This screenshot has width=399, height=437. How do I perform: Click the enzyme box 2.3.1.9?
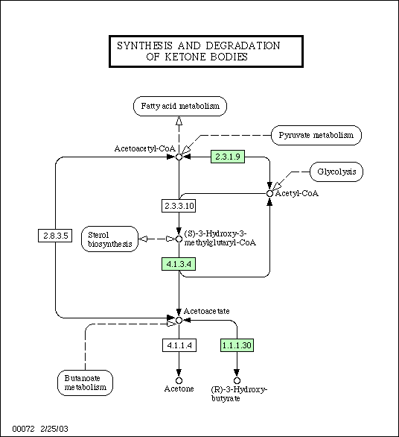coord(228,157)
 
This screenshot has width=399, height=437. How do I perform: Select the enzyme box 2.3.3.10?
coord(179,206)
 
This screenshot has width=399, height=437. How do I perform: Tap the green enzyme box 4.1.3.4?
coord(179,264)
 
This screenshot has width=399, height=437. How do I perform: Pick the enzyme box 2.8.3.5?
coord(55,236)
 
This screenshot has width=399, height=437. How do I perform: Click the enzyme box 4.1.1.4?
coord(179,345)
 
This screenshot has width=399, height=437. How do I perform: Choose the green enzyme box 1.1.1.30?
coord(237,345)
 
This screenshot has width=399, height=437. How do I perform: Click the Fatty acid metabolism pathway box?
coord(180,106)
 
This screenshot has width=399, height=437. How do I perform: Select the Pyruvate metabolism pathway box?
coord(316,136)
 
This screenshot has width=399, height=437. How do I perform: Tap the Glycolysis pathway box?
coord(336,172)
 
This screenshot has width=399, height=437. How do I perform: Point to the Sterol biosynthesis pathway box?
coord(110,239)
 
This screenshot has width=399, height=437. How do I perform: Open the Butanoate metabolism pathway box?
coord(85,383)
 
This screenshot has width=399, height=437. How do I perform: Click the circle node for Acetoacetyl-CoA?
coord(179,157)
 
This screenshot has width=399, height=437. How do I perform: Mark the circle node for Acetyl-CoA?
coord(269,193)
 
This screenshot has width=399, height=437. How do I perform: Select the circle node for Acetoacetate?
coord(179,320)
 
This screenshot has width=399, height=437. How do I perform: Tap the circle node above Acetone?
coord(179,380)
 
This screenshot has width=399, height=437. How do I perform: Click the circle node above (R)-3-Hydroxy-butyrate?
coord(237,380)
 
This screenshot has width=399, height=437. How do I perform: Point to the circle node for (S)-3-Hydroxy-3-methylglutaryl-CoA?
coord(179,239)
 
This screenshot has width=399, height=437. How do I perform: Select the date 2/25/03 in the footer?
coord(54,429)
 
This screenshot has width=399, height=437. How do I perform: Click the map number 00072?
coord(23,429)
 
